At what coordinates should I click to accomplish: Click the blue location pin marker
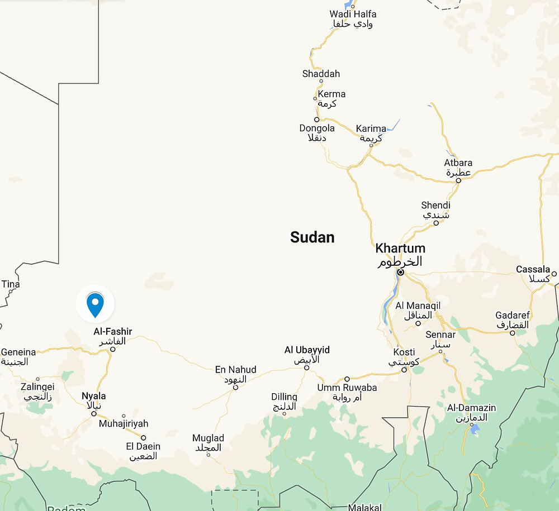point(96,304)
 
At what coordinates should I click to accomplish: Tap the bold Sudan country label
point(312,237)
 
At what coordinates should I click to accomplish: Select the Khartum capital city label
point(400,249)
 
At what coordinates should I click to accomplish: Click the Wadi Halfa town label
point(353,14)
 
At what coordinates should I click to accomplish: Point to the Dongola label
point(316,128)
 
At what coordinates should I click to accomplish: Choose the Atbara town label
point(458,163)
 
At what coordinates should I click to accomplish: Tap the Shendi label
point(435,206)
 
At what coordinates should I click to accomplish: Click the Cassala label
point(533,270)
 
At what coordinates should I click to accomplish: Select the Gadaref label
point(512,316)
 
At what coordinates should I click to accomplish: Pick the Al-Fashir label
point(113,332)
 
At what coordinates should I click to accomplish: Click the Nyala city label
point(93,396)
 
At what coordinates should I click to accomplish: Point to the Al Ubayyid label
point(307,350)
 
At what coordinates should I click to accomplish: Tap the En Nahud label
point(235,370)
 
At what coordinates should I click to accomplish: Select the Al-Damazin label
point(471,408)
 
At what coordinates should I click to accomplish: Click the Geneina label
point(18,352)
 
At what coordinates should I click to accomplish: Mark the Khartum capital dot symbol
point(400,273)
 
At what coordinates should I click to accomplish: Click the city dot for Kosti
point(404,369)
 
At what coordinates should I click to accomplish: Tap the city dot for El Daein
point(143,438)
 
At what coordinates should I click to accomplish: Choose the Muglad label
point(208,438)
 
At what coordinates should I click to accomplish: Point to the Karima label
point(371,129)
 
